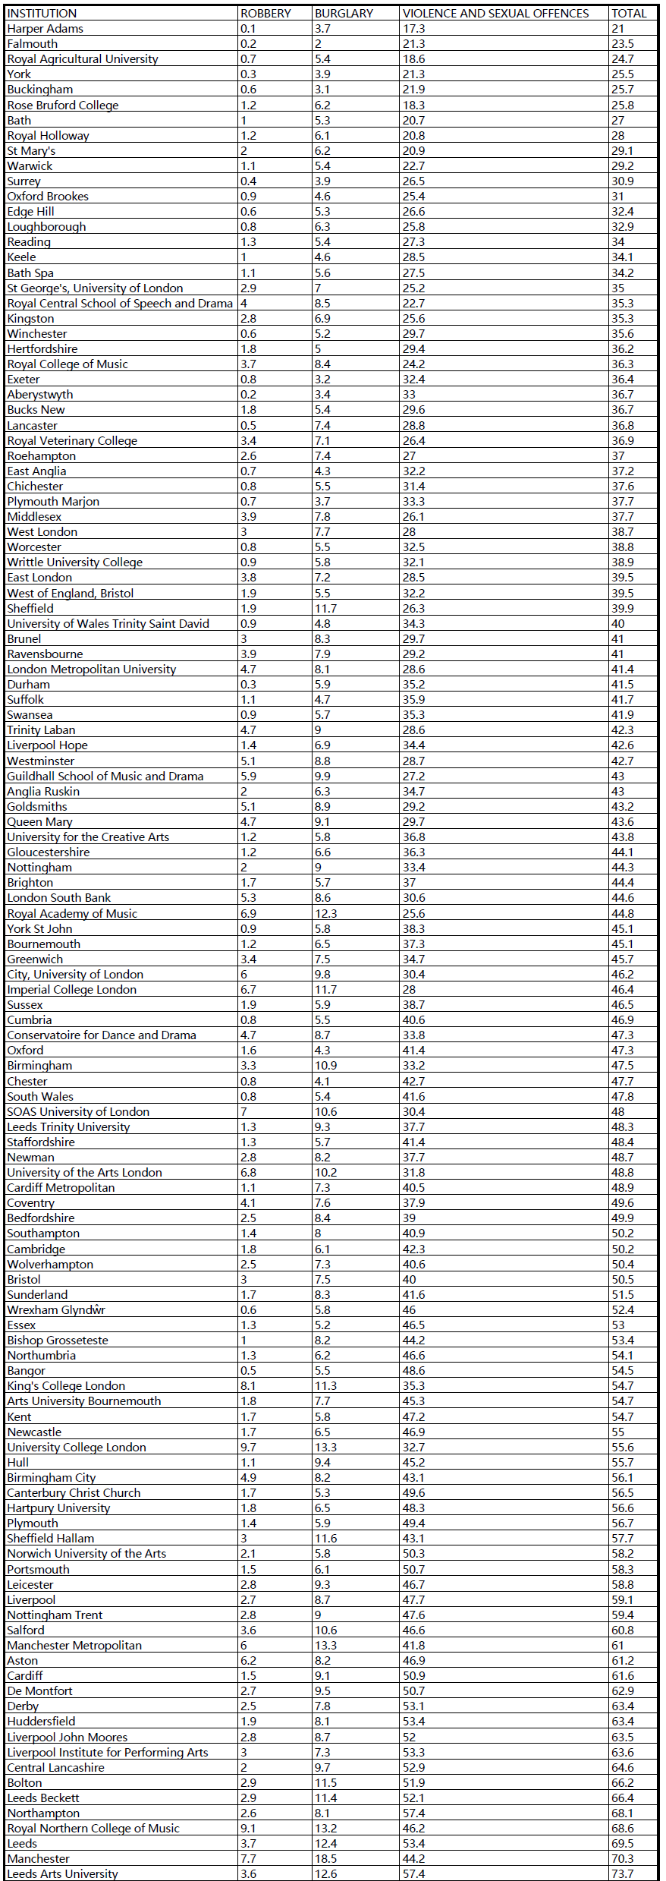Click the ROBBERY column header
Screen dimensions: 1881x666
[x=265, y=13]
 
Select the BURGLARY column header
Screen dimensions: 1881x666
[x=344, y=13]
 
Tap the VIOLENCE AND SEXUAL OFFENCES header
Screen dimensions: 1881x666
[x=495, y=13]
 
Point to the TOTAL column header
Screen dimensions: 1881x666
[x=629, y=13]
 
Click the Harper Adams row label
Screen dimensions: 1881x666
[x=46, y=28]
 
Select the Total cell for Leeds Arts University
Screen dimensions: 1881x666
[x=622, y=1873]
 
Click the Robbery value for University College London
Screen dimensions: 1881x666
[x=248, y=1447]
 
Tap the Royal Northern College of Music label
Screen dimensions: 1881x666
[x=93, y=1828]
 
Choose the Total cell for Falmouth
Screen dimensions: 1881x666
[x=622, y=43]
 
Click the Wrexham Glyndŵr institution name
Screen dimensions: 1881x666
[x=56, y=1309]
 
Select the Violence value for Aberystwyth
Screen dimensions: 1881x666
[x=410, y=394]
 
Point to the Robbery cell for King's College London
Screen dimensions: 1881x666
[x=248, y=1385]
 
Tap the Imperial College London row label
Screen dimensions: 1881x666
[x=72, y=989]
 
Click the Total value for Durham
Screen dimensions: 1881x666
[x=622, y=684]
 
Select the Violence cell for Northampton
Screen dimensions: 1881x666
[x=413, y=1813]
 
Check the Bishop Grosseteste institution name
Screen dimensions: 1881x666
[x=58, y=1340]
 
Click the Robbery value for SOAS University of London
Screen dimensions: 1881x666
[x=243, y=1111]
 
